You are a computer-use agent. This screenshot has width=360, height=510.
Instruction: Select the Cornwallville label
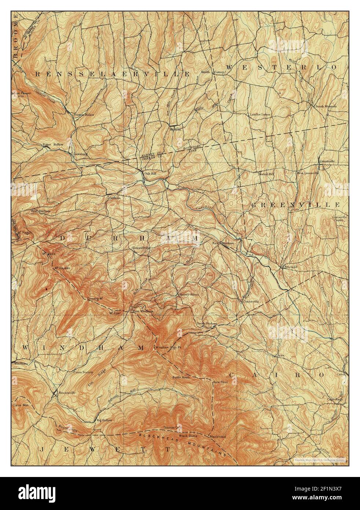coord(141,248)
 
